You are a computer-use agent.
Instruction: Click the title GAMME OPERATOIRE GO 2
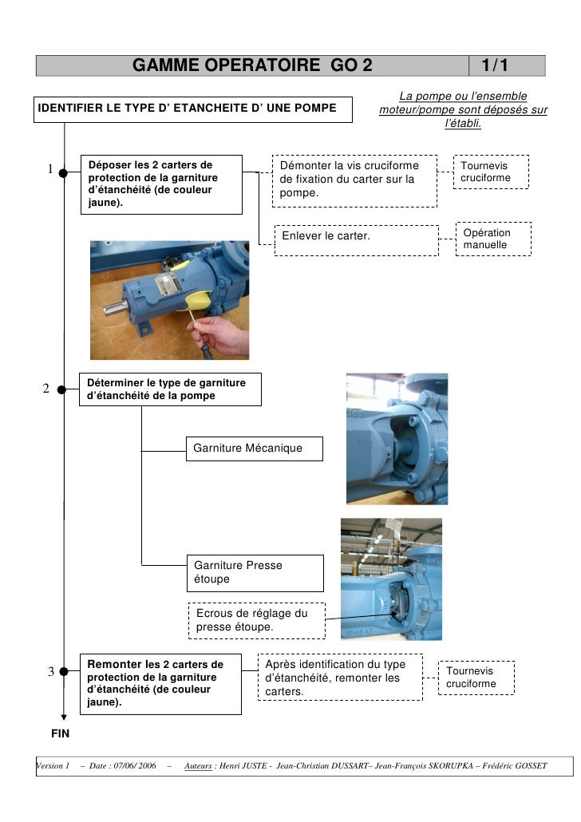click(x=252, y=65)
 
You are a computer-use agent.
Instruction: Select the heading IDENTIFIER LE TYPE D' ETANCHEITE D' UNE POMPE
click(x=193, y=109)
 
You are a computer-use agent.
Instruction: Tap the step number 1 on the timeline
click(x=49, y=168)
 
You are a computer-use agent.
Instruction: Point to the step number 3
click(x=49, y=671)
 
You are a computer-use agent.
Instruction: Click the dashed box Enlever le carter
click(x=356, y=237)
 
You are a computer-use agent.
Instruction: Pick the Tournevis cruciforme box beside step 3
click(x=476, y=678)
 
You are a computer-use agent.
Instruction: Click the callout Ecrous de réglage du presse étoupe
click(x=256, y=621)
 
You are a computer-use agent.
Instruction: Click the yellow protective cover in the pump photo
click(x=196, y=298)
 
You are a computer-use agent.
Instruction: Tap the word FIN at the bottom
click(x=61, y=733)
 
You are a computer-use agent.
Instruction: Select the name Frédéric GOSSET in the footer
click(x=517, y=766)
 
